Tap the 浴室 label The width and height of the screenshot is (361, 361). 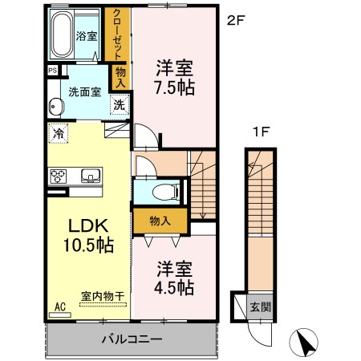86,36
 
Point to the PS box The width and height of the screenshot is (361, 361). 52,71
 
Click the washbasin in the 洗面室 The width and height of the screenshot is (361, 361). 55,107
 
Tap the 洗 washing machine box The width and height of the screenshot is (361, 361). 118,104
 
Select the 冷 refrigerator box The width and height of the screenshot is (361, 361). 59,133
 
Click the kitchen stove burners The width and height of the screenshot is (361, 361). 59,176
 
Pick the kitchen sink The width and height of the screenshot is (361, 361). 89,176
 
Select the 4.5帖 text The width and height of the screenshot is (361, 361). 173,286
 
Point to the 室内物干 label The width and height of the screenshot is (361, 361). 103,296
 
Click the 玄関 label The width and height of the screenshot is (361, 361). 260,306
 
